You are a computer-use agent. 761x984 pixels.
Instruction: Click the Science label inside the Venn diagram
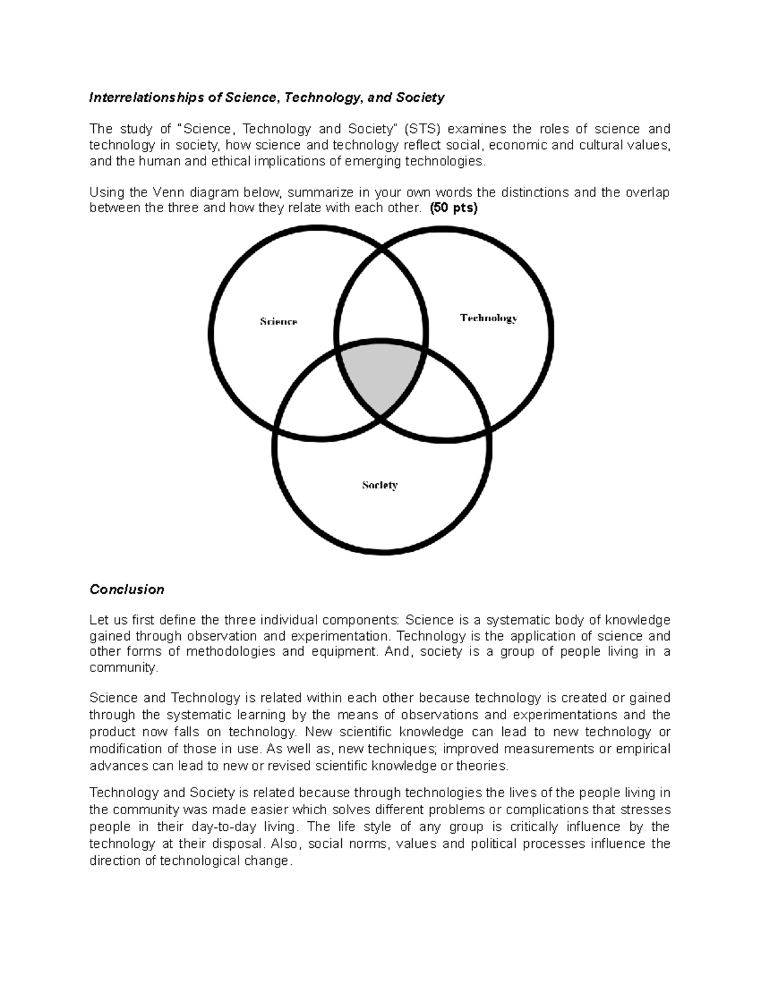[x=278, y=321]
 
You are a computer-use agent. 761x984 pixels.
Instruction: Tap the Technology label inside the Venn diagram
[x=488, y=318]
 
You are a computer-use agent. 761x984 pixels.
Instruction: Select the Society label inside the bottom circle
[x=379, y=485]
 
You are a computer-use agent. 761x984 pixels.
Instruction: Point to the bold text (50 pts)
[x=453, y=208]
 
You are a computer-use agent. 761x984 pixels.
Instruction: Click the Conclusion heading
[x=127, y=589]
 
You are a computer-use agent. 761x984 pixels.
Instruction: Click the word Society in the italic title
[x=420, y=98]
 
